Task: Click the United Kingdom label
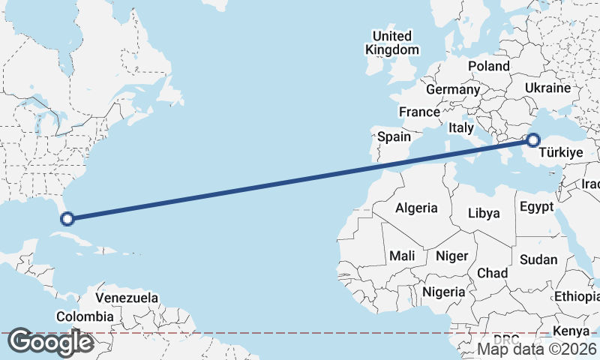[392, 43]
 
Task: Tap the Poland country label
[489, 66]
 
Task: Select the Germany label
[452, 89]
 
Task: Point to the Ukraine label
[547, 88]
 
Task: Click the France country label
[419, 112]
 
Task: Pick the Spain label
[394, 136]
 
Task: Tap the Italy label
[461, 128]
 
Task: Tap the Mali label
[402, 256]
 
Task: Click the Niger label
[451, 256]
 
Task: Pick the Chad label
[492, 272]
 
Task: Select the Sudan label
[538, 259]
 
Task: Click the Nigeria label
[444, 291]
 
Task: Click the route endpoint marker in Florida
[67, 219]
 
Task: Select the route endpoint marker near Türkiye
[533, 139]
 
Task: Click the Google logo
[50, 343]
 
